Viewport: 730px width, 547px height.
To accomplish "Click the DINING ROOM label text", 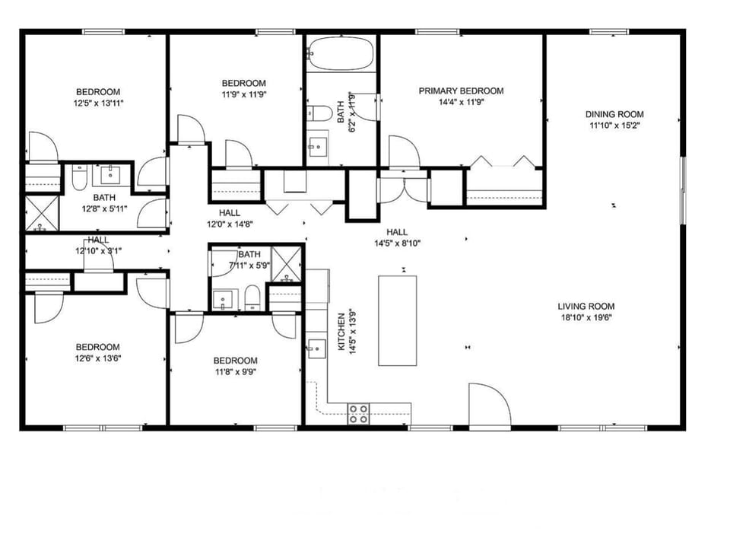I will [x=614, y=114].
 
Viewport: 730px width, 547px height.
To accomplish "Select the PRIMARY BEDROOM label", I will [x=461, y=91].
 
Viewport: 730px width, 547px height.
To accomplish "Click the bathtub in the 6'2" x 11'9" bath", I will [x=341, y=54].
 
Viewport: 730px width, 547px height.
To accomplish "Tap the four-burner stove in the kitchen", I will [x=358, y=414].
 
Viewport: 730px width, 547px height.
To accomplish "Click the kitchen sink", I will [x=316, y=349].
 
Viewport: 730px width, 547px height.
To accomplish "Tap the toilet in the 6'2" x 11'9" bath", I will [x=321, y=114].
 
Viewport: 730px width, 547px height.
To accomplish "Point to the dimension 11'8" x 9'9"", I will [x=235, y=372].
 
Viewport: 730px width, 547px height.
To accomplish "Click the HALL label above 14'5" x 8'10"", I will [x=396, y=232].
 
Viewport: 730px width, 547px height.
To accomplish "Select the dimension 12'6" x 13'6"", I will [x=97, y=359].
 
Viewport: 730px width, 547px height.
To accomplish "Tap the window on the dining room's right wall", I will [x=682, y=185].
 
